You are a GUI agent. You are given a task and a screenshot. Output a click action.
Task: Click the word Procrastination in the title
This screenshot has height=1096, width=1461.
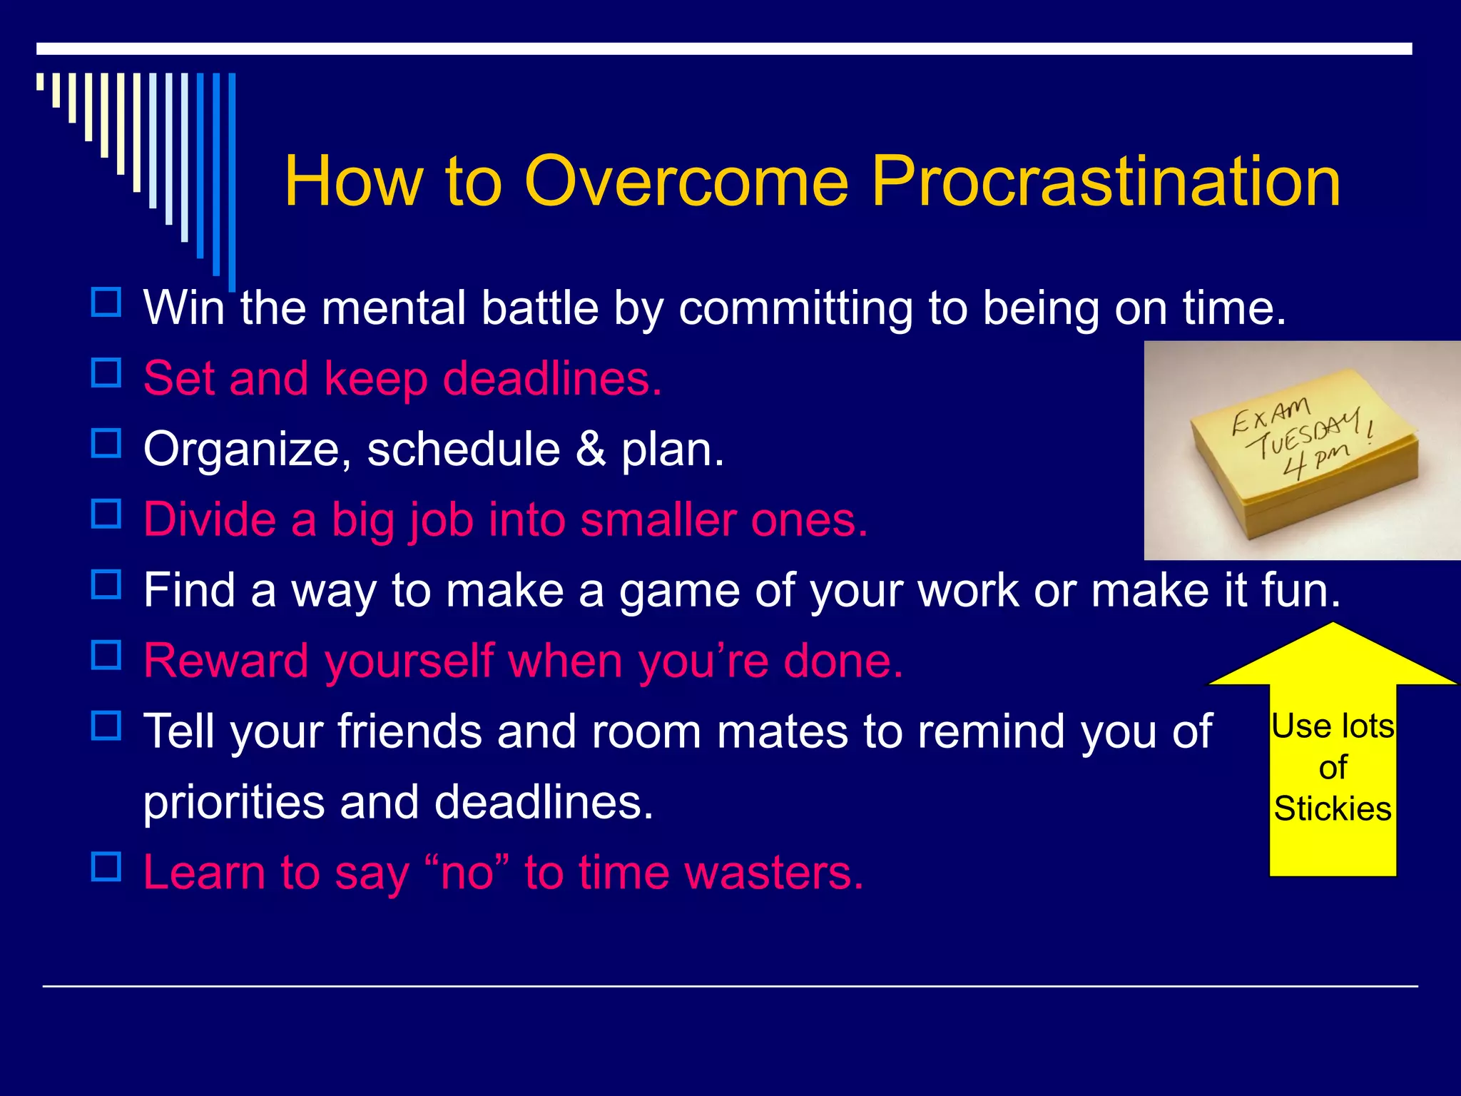(1105, 182)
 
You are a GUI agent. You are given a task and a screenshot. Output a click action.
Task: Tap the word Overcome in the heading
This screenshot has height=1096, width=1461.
(686, 182)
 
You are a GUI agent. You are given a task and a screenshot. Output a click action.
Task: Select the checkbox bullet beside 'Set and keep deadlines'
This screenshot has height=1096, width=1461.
(106, 372)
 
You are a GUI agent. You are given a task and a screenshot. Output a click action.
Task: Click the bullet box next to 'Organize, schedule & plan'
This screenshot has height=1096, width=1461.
(106, 443)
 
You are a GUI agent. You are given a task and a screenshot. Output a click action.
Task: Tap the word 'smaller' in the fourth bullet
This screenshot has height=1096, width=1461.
(659, 519)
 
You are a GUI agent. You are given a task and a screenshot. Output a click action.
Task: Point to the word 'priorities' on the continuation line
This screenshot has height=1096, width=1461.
(234, 802)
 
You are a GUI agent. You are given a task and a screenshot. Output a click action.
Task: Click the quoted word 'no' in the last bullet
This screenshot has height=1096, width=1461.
(467, 872)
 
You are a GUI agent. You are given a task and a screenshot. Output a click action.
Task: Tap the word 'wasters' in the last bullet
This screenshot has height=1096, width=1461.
(773, 872)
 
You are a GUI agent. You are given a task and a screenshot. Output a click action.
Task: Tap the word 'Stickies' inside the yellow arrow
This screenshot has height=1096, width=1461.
(1333, 808)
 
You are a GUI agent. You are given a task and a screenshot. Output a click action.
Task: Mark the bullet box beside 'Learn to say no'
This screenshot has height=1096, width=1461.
(106, 866)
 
